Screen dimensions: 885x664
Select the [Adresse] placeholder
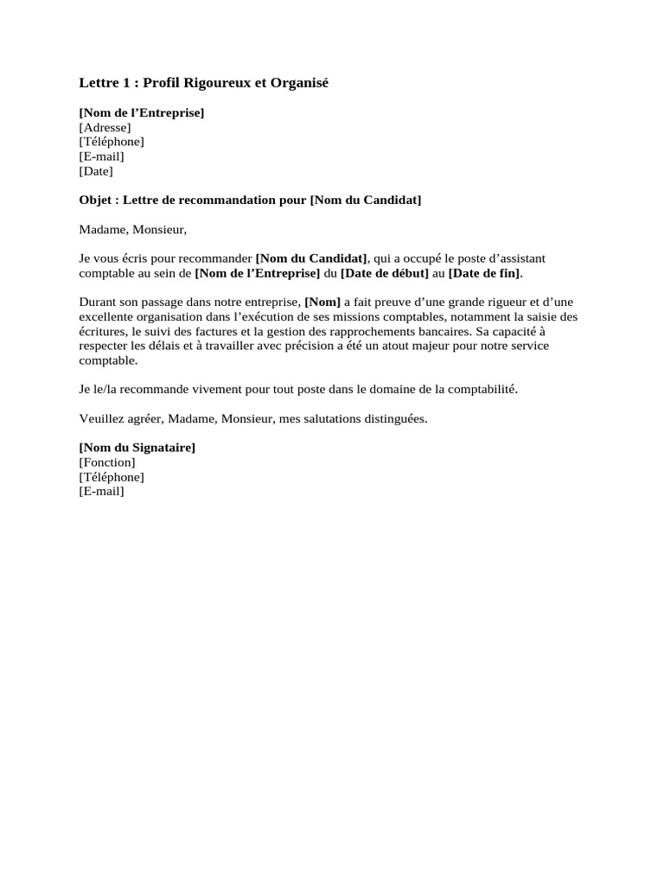pyautogui.click(x=105, y=127)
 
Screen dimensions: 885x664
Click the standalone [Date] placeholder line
pyautogui.click(x=95, y=171)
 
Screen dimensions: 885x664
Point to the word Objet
pyautogui.click(x=96, y=201)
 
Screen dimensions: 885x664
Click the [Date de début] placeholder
pyautogui.click(x=385, y=273)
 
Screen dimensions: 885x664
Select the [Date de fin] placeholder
pyautogui.click(x=484, y=273)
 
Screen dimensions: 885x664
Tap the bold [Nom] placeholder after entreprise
pyautogui.click(x=322, y=302)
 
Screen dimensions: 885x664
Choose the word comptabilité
pyautogui.click(x=479, y=390)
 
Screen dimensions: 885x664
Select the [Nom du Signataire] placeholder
pyautogui.click(x=137, y=448)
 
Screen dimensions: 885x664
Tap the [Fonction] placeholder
pyautogui.click(x=106, y=462)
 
